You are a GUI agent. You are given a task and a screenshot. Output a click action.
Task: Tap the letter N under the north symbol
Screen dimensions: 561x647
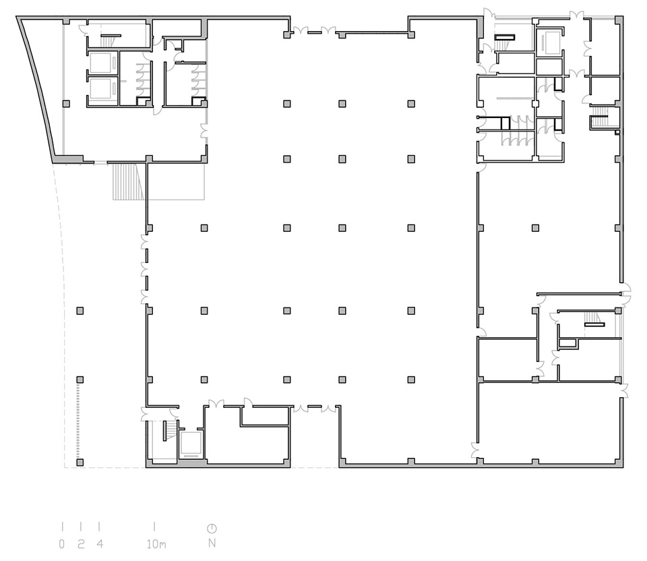coord(212,543)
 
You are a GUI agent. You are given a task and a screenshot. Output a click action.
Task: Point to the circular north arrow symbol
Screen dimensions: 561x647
coord(212,528)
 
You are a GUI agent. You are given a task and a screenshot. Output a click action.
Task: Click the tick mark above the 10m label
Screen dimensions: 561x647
coord(155,527)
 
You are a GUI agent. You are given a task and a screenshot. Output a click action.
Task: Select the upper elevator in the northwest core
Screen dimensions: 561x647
coord(102,63)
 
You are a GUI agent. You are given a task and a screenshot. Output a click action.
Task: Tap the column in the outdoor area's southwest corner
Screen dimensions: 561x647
coord(80,463)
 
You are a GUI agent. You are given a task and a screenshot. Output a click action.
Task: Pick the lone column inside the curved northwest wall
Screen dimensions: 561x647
coord(66,103)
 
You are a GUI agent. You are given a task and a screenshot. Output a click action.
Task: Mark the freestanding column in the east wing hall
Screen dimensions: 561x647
coord(536,228)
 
